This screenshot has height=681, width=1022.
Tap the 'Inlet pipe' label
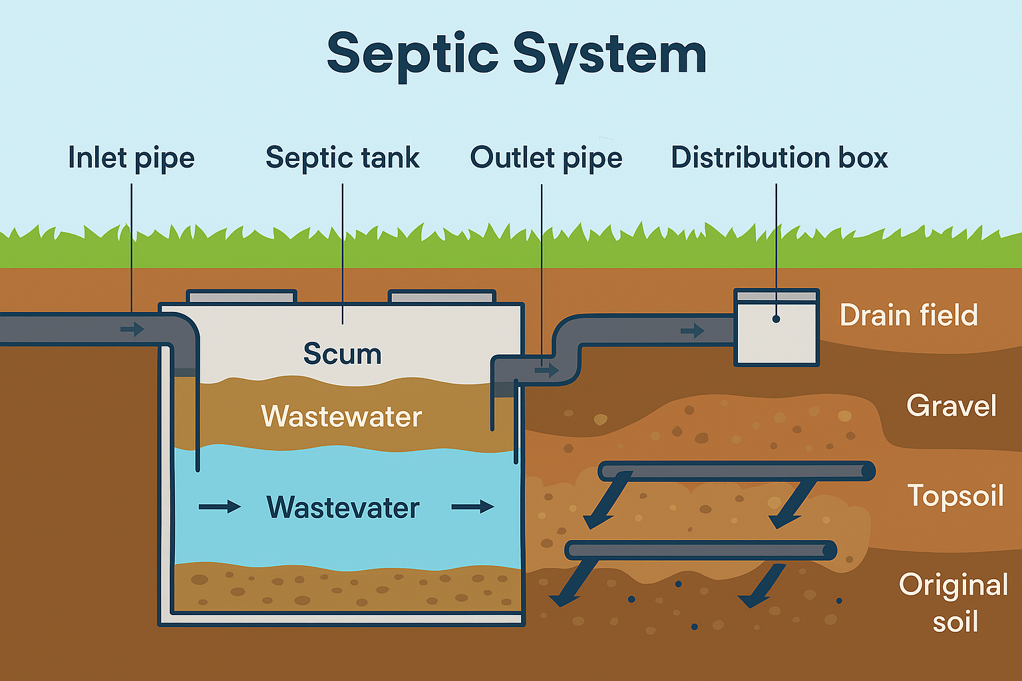(x=131, y=158)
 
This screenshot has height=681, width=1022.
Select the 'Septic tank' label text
(x=342, y=158)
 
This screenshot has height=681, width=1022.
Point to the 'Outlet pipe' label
(x=546, y=158)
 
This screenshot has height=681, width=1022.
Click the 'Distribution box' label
(x=779, y=158)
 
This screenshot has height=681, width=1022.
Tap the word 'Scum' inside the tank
(x=342, y=354)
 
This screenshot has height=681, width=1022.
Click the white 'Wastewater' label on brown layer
(x=341, y=417)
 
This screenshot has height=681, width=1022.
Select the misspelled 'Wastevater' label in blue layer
(x=343, y=507)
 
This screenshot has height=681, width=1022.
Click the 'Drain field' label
(x=908, y=315)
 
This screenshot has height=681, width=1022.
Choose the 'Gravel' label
(x=951, y=406)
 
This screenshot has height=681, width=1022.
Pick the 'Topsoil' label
(x=955, y=496)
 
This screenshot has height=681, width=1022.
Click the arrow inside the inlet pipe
(x=132, y=329)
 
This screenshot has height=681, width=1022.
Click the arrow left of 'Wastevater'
(x=220, y=507)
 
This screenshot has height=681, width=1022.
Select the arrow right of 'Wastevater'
(x=472, y=507)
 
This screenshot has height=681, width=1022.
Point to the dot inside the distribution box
(x=776, y=319)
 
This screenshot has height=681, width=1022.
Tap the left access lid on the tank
(x=241, y=296)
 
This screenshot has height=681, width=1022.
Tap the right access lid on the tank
(x=442, y=296)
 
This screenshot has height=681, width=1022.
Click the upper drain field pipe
(x=736, y=471)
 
